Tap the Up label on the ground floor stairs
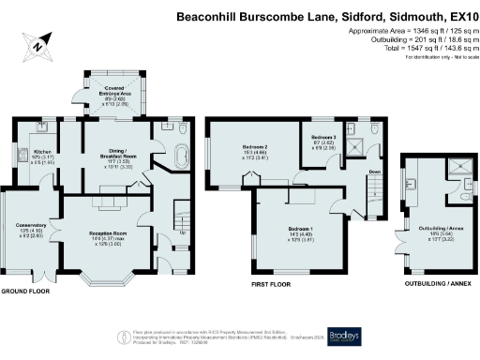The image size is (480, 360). tap(182, 232)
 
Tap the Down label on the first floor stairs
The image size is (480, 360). tap(373, 172)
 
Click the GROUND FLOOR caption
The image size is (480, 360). tap(24, 291)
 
